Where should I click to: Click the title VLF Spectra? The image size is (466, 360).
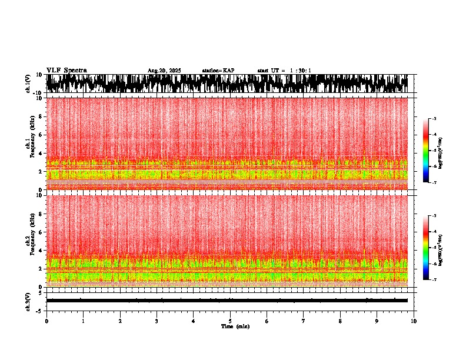(66, 70)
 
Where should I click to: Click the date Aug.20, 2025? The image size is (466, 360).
(164, 71)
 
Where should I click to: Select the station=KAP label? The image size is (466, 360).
(218, 71)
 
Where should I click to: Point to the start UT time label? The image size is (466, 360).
(284, 71)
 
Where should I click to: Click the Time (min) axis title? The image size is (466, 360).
(235, 326)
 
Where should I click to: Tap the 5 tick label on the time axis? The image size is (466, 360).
(230, 321)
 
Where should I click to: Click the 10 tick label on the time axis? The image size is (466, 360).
(414, 321)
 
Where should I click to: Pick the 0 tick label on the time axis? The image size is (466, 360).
(46, 321)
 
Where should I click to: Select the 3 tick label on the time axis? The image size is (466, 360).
(157, 321)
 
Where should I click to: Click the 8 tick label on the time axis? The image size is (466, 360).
(340, 321)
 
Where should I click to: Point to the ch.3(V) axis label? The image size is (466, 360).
(28, 301)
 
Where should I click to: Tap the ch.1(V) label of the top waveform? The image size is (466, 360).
(28, 84)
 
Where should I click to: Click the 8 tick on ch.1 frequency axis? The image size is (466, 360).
(41, 116)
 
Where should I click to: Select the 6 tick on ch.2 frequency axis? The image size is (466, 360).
(41, 232)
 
